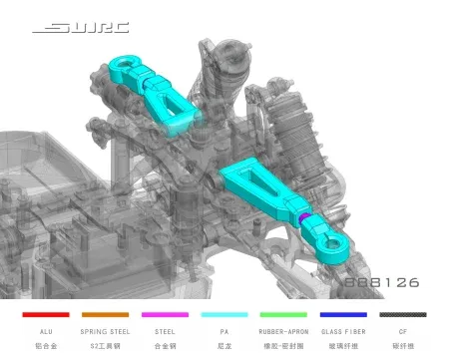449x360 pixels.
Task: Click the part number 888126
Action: pos(381,282)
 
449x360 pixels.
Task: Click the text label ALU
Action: pos(45,331)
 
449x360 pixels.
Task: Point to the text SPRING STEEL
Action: pos(105,331)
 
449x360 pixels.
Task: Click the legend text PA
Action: pos(224,331)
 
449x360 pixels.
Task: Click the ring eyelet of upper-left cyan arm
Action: pos(118,66)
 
